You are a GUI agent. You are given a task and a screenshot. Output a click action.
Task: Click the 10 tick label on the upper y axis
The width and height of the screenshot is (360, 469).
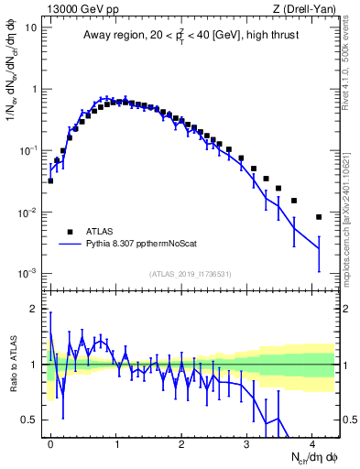click(31, 27)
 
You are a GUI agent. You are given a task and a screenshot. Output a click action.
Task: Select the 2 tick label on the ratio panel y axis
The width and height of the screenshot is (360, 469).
click(34, 309)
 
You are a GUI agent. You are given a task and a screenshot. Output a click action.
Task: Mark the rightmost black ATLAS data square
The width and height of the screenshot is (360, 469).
click(319, 217)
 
